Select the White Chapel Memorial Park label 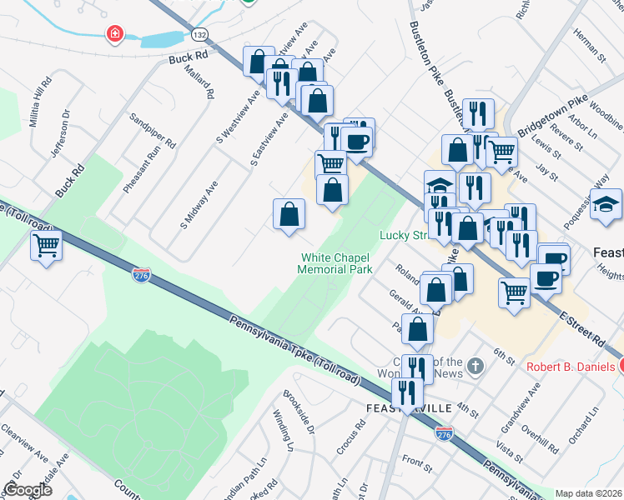point(335,263)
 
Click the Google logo point(28,489)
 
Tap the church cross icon point(475,366)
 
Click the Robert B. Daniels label point(571,367)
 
